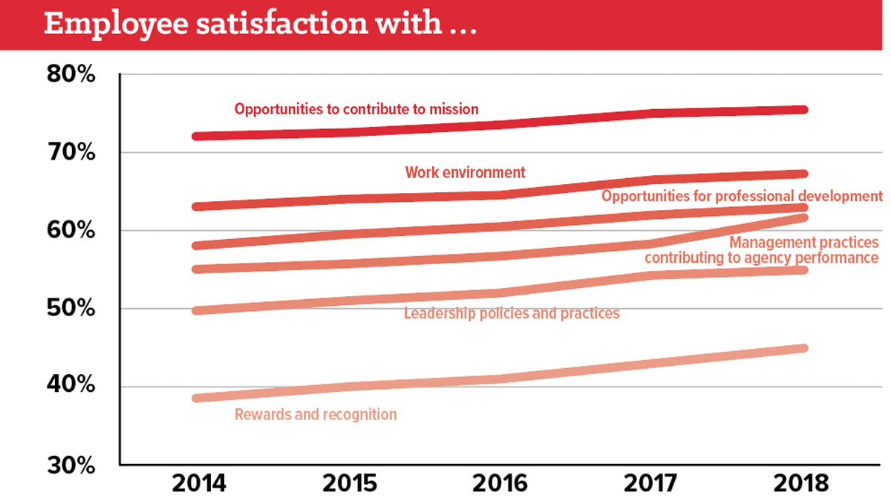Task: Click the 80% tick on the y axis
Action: (71, 74)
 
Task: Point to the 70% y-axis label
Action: (71, 152)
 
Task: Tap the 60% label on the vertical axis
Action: (71, 230)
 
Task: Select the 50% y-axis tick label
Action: (71, 308)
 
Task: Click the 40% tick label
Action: (71, 384)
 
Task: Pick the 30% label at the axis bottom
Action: (71, 465)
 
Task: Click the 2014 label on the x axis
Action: (199, 483)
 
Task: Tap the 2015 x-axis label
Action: (350, 483)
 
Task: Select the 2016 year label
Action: (500, 483)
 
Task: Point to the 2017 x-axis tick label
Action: (650, 483)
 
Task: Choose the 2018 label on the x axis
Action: (801, 483)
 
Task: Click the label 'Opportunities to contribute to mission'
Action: (356, 109)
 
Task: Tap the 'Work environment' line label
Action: (465, 172)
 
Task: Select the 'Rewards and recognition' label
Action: (316, 415)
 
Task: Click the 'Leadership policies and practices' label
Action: (512, 314)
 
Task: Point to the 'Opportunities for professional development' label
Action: (742, 196)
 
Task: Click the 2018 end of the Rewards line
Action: (803, 348)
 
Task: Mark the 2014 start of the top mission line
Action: (197, 137)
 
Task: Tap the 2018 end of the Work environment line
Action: (803, 174)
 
